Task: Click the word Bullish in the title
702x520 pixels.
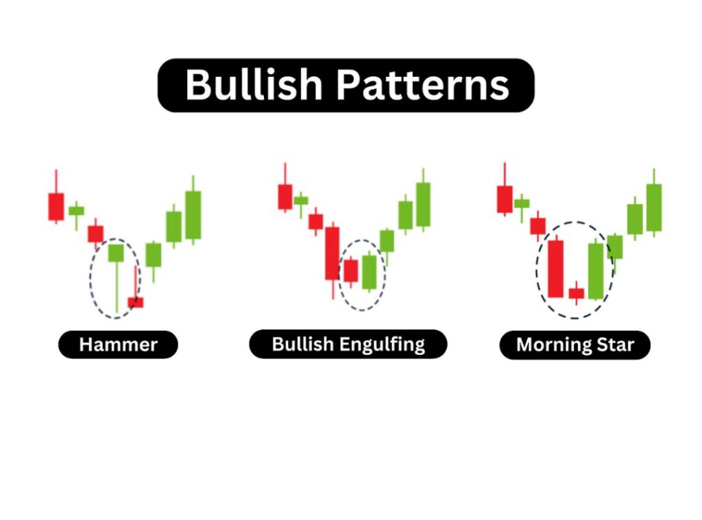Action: point(254,84)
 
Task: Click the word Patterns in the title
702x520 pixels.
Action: point(422,84)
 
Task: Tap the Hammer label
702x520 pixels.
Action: point(118,345)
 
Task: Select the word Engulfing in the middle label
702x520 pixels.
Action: point(382,345)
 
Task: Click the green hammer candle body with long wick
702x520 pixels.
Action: point(116,253)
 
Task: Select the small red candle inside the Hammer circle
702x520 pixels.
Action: point(136,302)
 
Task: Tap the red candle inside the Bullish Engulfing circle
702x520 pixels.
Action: point(350,271)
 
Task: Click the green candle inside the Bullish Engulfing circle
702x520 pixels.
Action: point(370,272)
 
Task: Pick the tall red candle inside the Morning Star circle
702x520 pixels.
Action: point(555,269)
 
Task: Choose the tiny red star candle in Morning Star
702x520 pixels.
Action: point(576,293)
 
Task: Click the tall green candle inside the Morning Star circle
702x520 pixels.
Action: point(596,271)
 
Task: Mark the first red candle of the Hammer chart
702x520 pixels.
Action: point(56,206)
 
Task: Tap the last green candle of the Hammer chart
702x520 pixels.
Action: point(193,215)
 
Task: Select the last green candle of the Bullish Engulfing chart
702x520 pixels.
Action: point(423,204)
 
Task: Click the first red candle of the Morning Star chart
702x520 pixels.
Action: point(505,199)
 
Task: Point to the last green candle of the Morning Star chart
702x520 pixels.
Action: point(654,208)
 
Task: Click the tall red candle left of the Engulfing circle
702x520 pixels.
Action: point(332,253)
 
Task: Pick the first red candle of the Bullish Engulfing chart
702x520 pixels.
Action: point(285,197)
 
